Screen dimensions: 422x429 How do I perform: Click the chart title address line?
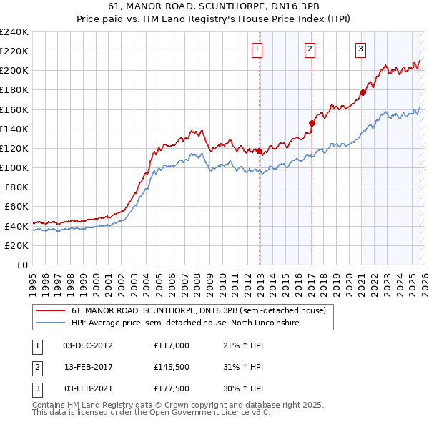pyautogui.click(x=214, y=7)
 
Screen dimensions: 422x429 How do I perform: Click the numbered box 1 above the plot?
pyautogui.click(x=257, y=49)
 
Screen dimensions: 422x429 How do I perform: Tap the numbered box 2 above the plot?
pyautogui.click(x=310, y=49)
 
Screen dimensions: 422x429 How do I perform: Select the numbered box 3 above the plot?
pyautogui.click(x=360, y=49)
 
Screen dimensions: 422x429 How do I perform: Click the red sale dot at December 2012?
pyautogui.click(x=259, y=151)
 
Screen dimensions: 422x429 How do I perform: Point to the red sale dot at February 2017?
pyautogui.click(x=312, y=123)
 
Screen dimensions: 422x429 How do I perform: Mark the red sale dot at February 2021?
pyautogui.click(x=363, y=92)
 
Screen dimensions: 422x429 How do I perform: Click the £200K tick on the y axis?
pyautogui.click(x=14, y=71)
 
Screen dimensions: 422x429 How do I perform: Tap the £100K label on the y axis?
pyautogui.click(x=14, y=167)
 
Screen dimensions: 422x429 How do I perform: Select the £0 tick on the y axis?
pyautogui.click(x=21, y=265)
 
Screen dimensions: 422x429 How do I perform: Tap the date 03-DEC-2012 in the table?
pyautogui.click(x=87, y=345)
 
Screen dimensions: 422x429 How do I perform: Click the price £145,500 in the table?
pyautogui.click(x=171, y=367)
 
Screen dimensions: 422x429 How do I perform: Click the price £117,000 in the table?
pyautogui.click(x=171, y=345)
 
